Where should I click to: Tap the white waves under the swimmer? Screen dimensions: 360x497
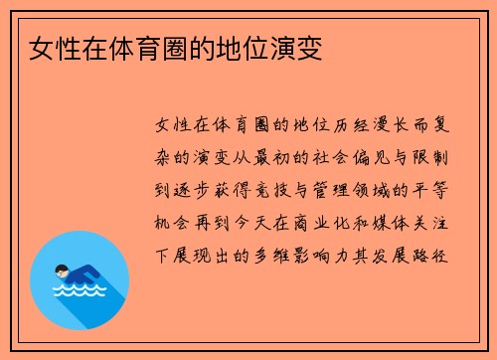pos(79,290)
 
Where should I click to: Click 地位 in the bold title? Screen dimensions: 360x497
pos(235,48)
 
